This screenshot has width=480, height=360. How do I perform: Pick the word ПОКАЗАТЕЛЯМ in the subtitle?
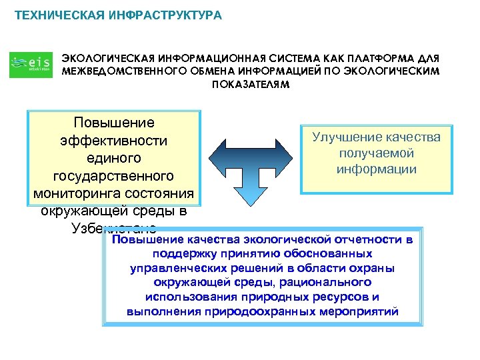coord(251,85)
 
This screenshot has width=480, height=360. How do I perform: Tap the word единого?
coord(113,159)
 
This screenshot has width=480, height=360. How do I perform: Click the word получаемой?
coord(376,153)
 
